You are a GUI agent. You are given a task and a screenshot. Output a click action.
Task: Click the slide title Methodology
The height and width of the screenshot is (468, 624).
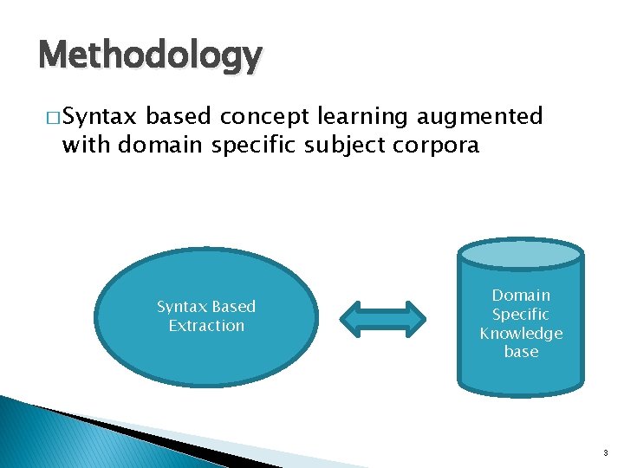pyautogui.click(x=149, y=56)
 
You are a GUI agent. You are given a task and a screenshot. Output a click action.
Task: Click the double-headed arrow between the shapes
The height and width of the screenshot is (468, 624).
pyautogui.click(x=382, y=317)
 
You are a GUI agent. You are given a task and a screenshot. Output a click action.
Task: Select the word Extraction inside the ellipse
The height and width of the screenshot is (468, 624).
pyautogui.click(x=206, y=326)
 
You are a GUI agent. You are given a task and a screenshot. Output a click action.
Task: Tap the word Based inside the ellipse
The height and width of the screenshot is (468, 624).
pyautogui.click(x=233, y=307)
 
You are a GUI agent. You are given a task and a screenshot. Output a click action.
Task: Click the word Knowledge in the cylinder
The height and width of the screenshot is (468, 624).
pyautogui.click(x=521, y=333)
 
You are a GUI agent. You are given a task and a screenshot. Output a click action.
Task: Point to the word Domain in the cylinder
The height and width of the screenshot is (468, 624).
pyautogui.click(x=521, y=296)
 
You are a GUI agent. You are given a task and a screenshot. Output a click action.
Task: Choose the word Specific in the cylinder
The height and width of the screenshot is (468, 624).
pyautogui.click(x=521, y=315)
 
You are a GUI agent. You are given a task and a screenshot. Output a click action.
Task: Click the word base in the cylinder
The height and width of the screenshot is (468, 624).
pyautogui.click(x=521, y=352)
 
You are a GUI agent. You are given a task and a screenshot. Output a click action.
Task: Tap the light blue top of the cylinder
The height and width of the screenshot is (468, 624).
pyautogui.click(x=521, y=252)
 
